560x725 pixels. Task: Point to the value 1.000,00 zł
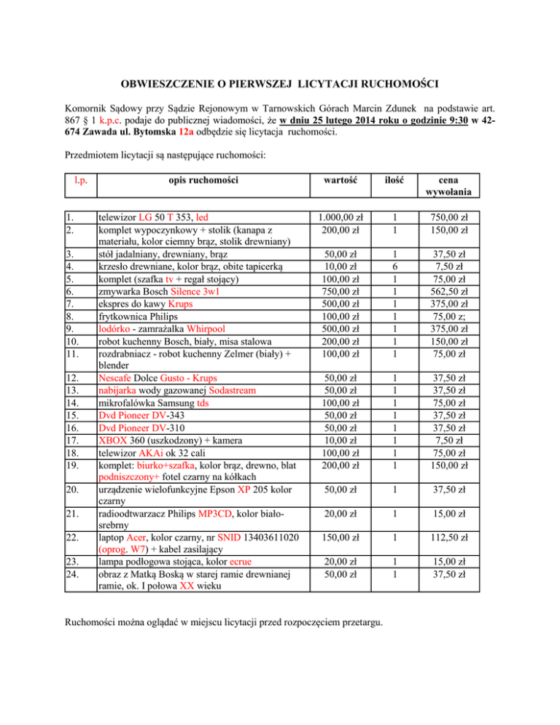340,217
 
